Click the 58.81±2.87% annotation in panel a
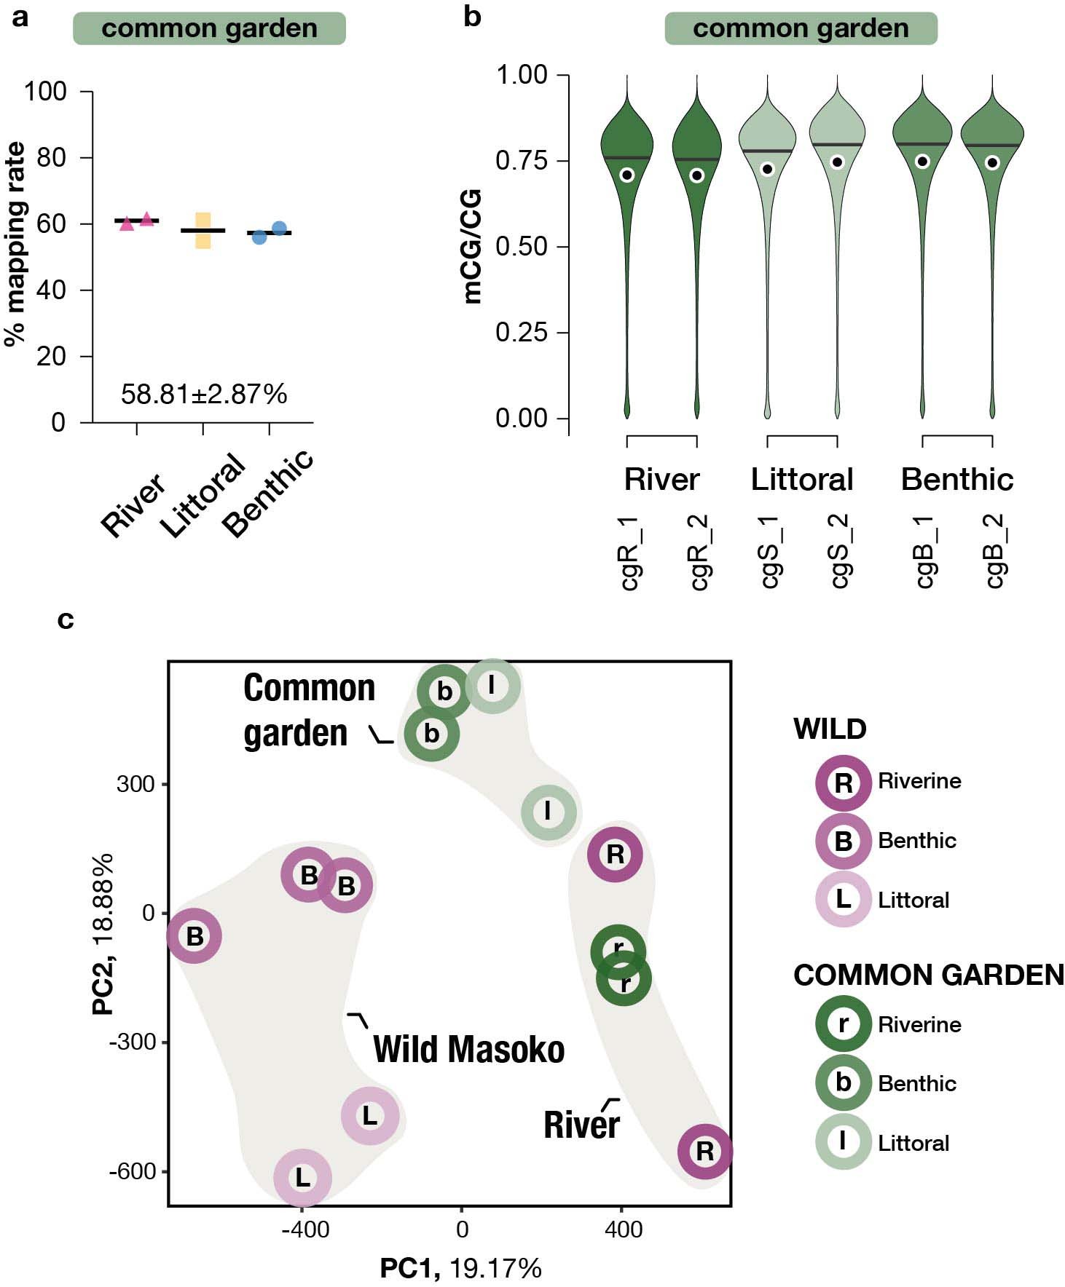204,395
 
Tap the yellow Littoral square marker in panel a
203,231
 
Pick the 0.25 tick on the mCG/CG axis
522,333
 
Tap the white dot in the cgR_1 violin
627,175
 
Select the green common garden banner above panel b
801,28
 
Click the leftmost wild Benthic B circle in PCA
194,935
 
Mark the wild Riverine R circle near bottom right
704,1151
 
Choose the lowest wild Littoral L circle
302,1177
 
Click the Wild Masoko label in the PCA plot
468,1050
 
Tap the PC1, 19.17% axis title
460,1268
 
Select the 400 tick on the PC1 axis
623,1230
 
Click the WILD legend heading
830,729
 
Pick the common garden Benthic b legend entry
843,1082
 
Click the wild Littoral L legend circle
843,899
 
